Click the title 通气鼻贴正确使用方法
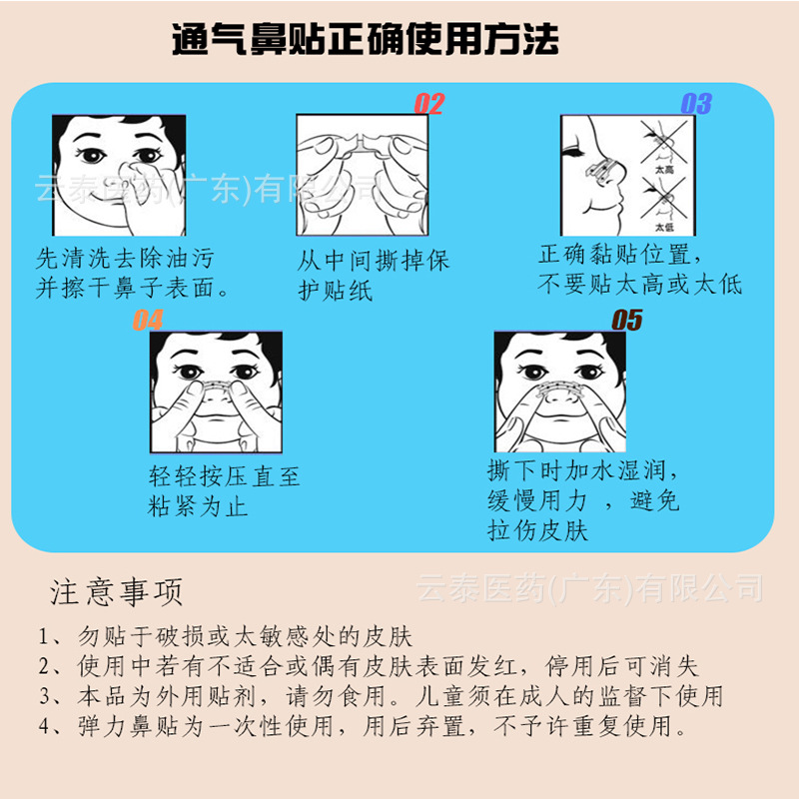[x=365, y=39]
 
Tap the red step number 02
[x=428, y=104]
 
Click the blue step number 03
[x=695, y=104]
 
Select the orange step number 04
[x=148, y=321]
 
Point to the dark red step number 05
[x=626, y=321]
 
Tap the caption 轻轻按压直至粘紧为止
[x=224, y=492]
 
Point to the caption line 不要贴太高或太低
[x=640, y=284]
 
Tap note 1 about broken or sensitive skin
[x=226, y=636]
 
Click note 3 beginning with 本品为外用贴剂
[x=380, y=696]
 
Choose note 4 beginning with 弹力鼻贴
[x=365, y=726]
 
